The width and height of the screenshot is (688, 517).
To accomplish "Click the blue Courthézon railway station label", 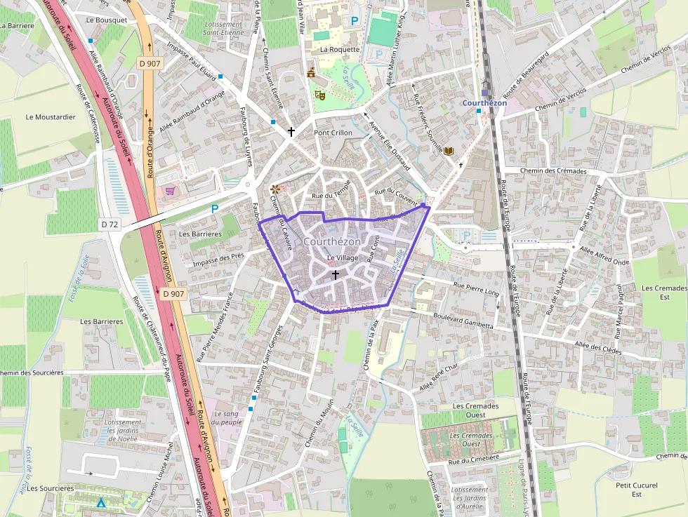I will (484, 103).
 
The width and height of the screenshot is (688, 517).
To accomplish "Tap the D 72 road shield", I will (110, 224).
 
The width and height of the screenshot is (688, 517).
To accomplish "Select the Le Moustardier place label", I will (50, 117).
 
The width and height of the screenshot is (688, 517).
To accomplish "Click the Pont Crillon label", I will (333, 133).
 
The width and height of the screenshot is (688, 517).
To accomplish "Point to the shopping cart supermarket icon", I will (169, 190).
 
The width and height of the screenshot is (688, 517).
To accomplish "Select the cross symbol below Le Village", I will (335, 274).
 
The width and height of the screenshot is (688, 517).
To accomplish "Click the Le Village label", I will (343, 258).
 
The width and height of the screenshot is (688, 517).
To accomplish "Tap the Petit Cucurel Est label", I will (636, 490).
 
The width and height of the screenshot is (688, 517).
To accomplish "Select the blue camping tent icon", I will (101, 502).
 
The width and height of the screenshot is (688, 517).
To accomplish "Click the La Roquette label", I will (340, 50).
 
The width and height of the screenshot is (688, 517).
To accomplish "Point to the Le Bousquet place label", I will (107, 20).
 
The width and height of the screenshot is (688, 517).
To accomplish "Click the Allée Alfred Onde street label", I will (604, 248).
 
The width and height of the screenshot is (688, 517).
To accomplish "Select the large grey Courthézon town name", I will (332, 241).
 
